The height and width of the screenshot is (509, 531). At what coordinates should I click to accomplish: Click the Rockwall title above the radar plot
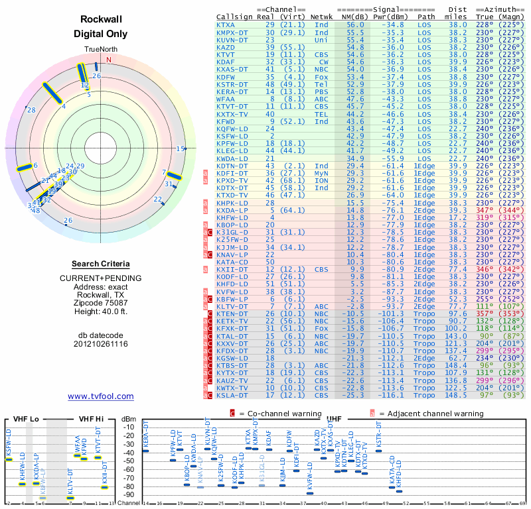coord(100,20)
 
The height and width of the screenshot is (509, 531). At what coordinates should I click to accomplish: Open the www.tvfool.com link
coord(100,396)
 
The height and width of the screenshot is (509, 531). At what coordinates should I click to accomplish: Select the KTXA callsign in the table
coord(226,24)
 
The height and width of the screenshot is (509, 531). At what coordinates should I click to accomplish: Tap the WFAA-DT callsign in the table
coord(230,98)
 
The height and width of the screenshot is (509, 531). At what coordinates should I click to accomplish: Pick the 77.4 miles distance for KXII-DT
coord(457,270)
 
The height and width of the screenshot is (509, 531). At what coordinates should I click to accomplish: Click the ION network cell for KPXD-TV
coord(321,180)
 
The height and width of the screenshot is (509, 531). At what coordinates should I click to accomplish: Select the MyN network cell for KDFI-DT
coord(321,173)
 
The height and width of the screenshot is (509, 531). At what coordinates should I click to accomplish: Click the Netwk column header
coord(321,17)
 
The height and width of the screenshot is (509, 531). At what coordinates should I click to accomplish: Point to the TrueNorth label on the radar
coord(100,50)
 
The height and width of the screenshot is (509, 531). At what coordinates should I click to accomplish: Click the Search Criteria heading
coord(100,264)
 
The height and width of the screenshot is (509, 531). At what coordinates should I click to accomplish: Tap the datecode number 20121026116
coord(100,344)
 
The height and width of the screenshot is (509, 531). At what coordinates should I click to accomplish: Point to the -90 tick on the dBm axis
coord(131,494)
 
